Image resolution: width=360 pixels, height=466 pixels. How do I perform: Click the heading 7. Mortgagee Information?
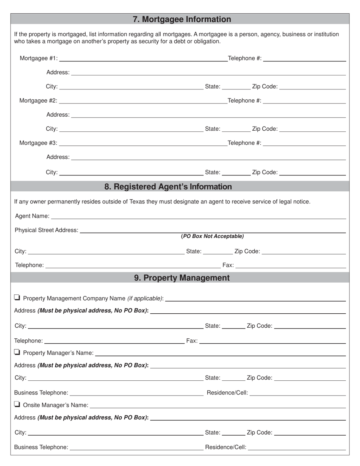coord(182,19)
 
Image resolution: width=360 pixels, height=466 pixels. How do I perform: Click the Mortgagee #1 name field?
coord(143,58)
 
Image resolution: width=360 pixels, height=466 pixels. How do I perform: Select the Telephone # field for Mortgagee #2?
coord(304,100)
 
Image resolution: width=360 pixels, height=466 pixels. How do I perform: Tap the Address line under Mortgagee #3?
coord(208,156)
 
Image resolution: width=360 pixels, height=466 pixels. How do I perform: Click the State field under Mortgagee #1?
coord(236,86)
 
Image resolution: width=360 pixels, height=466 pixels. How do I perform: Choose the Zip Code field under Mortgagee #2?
coord(312,128)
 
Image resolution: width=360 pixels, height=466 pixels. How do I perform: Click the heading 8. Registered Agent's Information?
coord(168,187)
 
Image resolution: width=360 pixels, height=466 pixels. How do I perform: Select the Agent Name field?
coord(198,216)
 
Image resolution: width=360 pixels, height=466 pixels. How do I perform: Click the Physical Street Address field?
coord(213,230)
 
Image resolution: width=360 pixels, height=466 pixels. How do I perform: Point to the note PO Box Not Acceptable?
coord(212,236)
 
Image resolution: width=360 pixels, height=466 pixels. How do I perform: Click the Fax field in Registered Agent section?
coord(291,265)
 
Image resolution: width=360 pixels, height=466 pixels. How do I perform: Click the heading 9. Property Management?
coord(182,278)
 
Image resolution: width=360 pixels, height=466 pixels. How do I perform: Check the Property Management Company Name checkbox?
coord(17,298)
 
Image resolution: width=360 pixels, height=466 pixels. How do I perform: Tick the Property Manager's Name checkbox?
coord(17,352)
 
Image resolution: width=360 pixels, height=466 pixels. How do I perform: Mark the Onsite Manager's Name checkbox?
coord(17,404)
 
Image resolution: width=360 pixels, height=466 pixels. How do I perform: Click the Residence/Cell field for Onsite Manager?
coord(297,447)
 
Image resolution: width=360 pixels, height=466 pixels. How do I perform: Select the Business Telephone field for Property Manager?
coord(136,392)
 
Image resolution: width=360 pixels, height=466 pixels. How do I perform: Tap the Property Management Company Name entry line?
coord(255,298)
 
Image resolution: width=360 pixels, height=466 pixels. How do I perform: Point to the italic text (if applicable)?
coord(145,299)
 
